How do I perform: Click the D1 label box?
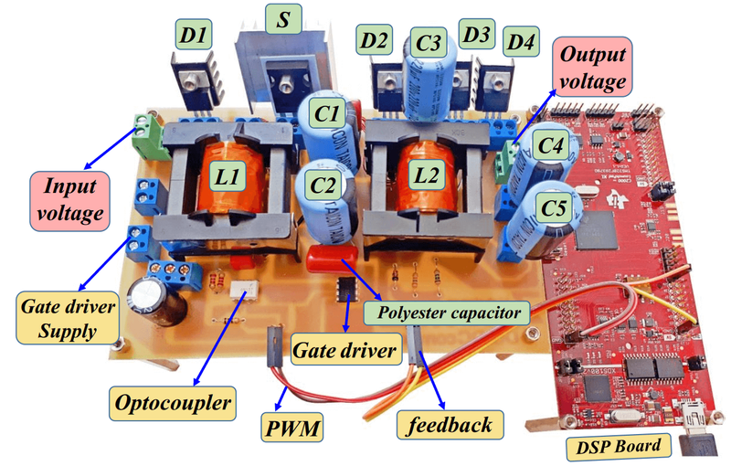[x=193, y=37]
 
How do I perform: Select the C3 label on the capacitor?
[x=429, y=42]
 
